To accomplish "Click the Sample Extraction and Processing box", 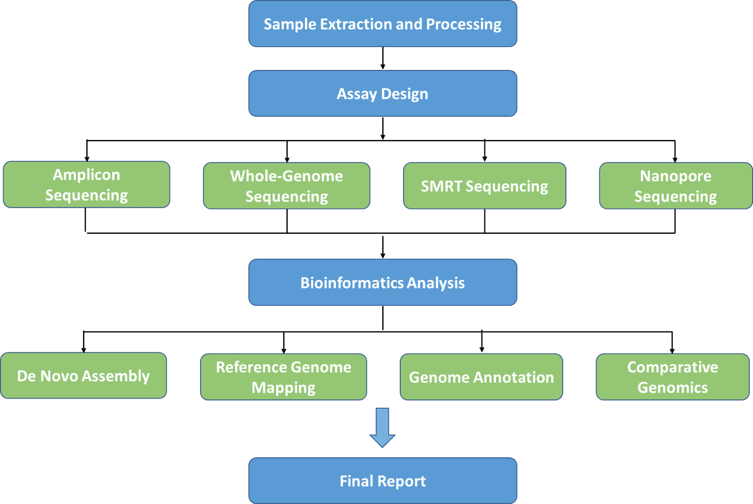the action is click(x=383, y=23).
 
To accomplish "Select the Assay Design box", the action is click(x=383, y=93).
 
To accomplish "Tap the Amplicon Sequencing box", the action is click(x=86, y=185).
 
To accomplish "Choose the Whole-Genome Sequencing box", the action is click(x=287, y=186).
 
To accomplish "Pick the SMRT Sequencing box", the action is click(x=484, y=186).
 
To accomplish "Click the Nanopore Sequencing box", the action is click(x=676, y=186).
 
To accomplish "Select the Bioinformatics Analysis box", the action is click(x=383, y=282).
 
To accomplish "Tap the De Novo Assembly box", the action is click(x=84, y=376).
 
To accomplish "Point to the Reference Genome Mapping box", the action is click(x=283, y=377).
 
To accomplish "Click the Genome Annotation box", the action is click(x=481, y=377).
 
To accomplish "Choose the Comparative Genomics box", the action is click(x=673, y=377).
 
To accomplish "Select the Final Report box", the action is click(x=383, y=481).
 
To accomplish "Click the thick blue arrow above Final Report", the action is click(x=383, y=427).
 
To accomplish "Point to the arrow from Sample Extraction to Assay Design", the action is click(x=383, y=58).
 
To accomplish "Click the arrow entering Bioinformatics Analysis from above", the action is click(x=383, y=247).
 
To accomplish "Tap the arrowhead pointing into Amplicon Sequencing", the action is click(x=87, y=159).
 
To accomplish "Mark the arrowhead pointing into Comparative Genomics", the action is click(x=672, y=351).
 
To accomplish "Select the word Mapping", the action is click(x=283, y=388).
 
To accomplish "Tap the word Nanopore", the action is click(x=676, y=176).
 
